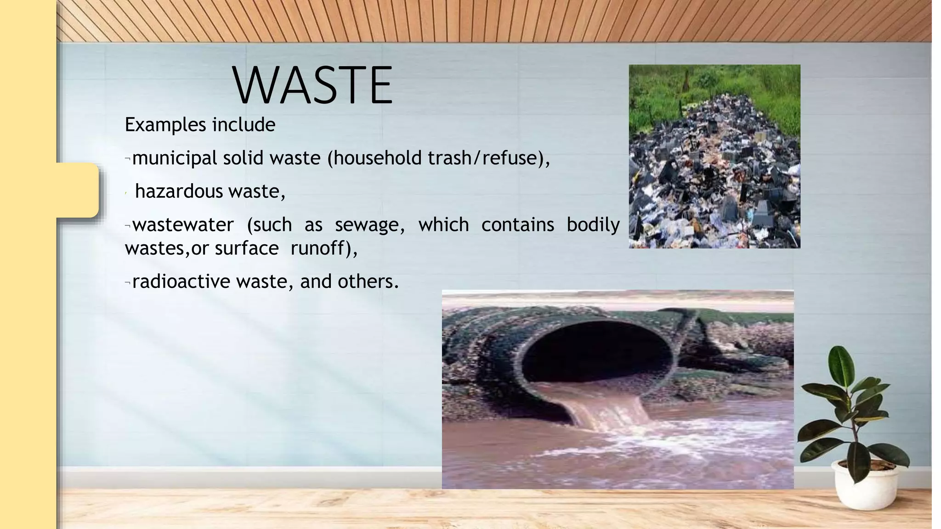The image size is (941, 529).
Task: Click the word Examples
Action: [165, 125]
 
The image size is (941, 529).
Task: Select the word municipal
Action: [174, 158]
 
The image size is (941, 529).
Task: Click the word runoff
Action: [317, 248]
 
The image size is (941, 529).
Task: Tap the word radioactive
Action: [181, 281]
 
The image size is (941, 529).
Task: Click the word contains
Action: [517, 225]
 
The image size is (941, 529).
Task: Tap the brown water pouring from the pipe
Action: [611, 409]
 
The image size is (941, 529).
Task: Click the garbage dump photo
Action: [714, 156]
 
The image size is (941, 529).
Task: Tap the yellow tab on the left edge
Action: [77, 190]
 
